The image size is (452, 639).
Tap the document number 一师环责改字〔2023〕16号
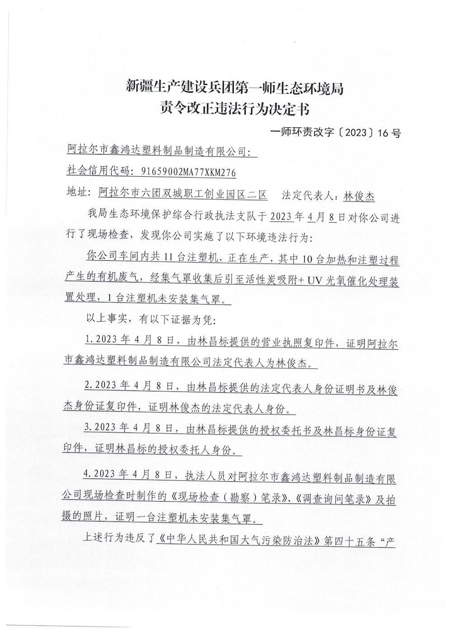(x=335, y=133)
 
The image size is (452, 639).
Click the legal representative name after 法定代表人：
(x=359, y=196)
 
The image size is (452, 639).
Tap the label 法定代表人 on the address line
(x=308, y=196)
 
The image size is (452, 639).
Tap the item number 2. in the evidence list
(x=89, y=387)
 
